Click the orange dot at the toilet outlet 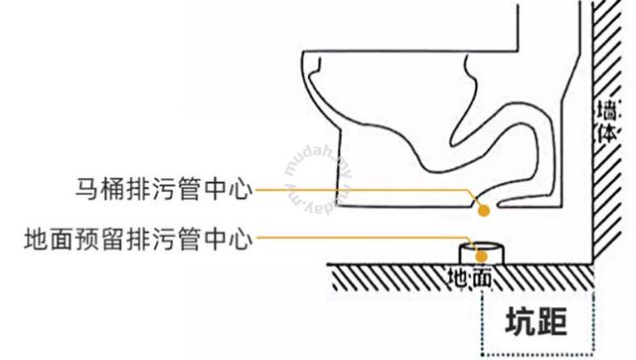click(483, 211)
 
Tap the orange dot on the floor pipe click(481, 257)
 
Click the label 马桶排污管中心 click(164, 190)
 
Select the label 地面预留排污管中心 click(138, 239)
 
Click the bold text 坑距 click(536, 321)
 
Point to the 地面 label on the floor click(469, 278)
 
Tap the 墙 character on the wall click(607, 109)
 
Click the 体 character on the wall click(607, 132)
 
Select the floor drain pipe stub click(481, 254)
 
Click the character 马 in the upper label click(86, 190)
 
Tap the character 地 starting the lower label click(36, 239)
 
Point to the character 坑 click(521, 321)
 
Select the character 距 click(552, 321)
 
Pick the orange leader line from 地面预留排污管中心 click(365, 238)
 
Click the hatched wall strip click(607, 130)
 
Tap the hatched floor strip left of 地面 click(389, 278)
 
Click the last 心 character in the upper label click(240, 190)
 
